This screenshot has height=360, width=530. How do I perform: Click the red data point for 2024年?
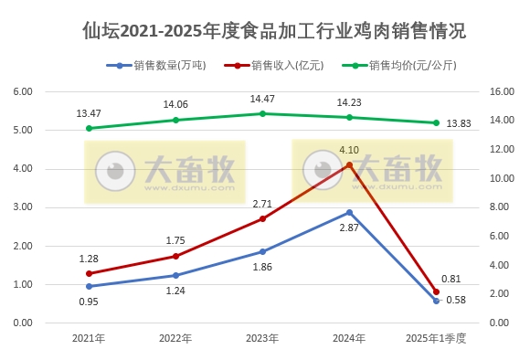(349, 164)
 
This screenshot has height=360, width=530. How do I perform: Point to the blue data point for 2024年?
(349, 212)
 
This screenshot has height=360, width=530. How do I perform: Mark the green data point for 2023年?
(262, 113)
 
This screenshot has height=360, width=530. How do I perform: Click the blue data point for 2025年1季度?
(436, 301)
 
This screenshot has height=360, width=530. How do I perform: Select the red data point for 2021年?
(89, 273)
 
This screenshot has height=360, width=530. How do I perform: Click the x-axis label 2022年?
(175, 338)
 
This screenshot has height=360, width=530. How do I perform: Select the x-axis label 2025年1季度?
(436, 338)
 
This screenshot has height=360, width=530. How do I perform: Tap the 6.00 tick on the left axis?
(22, 92)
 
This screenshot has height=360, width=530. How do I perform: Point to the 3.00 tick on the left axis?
(22, 207)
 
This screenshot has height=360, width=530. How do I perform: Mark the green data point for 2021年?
(89, 128)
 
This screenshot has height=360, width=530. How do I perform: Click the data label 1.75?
(175, 240)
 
